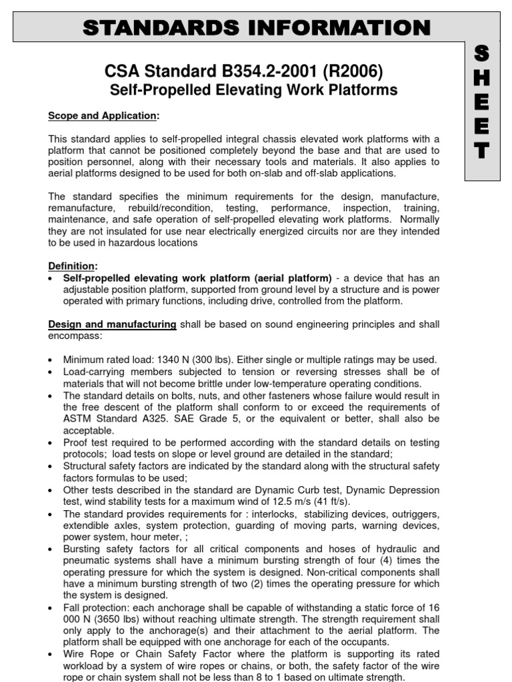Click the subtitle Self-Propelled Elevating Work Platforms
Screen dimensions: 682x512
[x=253, y=90]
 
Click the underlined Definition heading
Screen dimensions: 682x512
[x=73, y=266]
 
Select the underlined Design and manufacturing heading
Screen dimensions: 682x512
[x=112, y=324]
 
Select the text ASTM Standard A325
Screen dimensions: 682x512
[x=109, y=419]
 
